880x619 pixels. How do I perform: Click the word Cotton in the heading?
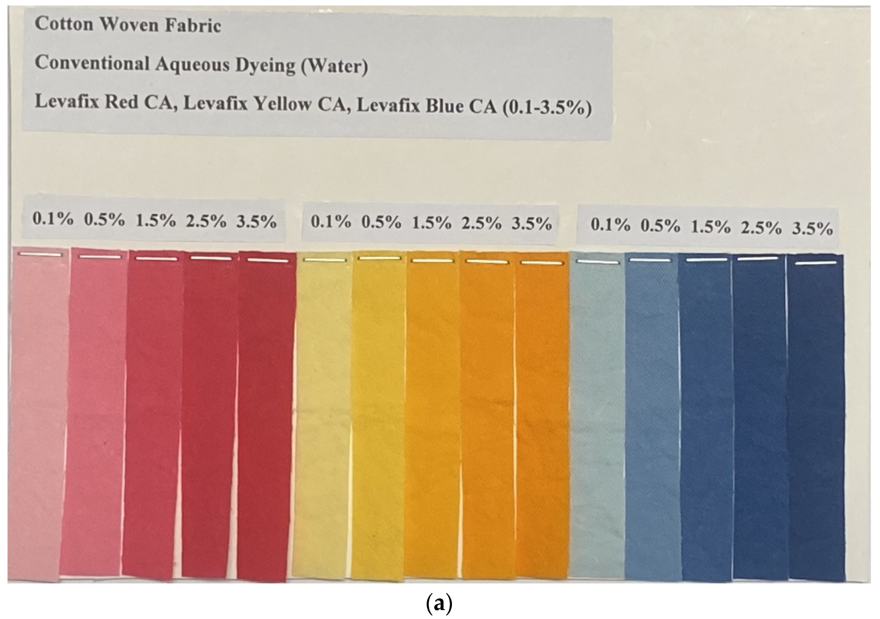(x=64, y=24)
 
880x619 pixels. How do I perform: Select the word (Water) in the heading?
(x=334, y=66)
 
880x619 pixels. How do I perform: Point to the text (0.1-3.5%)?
(x=544, y=108)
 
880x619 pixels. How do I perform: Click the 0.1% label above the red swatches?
(x=52, y=219)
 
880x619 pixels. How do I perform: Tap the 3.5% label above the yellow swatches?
(x=532, y=223)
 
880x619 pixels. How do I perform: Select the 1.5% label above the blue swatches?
(x=710, y=227)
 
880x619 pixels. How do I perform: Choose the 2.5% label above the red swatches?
(x=206, y=221)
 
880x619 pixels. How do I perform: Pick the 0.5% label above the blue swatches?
(x=660, y=226)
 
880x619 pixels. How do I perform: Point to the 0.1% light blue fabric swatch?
(x=598, y=421)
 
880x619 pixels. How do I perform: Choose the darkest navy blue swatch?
(x=816, y=421)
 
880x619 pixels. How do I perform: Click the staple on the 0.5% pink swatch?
(x=100, y=256)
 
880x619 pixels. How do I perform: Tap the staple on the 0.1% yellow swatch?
(x=325, y=260)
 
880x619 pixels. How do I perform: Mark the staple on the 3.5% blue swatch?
(x=816, y=263)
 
